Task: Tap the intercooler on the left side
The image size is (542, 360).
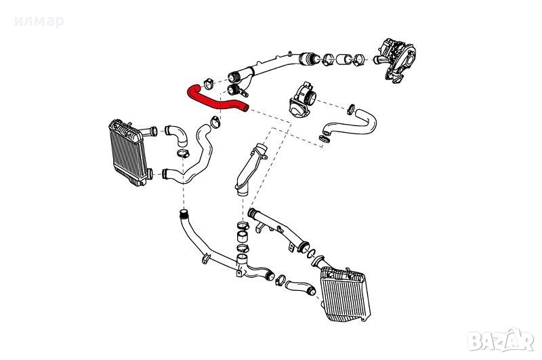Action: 128,152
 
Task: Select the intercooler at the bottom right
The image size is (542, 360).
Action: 345,294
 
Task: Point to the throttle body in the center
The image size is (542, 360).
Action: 302,99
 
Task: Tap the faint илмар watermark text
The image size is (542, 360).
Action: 39,22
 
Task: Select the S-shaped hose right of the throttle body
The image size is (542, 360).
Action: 350,125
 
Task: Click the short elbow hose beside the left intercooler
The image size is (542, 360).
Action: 176,135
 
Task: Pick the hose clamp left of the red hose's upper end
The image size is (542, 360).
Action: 209,83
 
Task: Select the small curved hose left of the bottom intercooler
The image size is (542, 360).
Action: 300,287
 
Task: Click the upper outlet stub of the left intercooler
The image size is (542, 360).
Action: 149,132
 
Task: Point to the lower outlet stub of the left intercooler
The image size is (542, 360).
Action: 149,174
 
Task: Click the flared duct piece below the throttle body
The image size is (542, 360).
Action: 249,169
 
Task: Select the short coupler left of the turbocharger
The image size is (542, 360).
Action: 343,60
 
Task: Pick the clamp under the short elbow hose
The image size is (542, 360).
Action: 182,153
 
